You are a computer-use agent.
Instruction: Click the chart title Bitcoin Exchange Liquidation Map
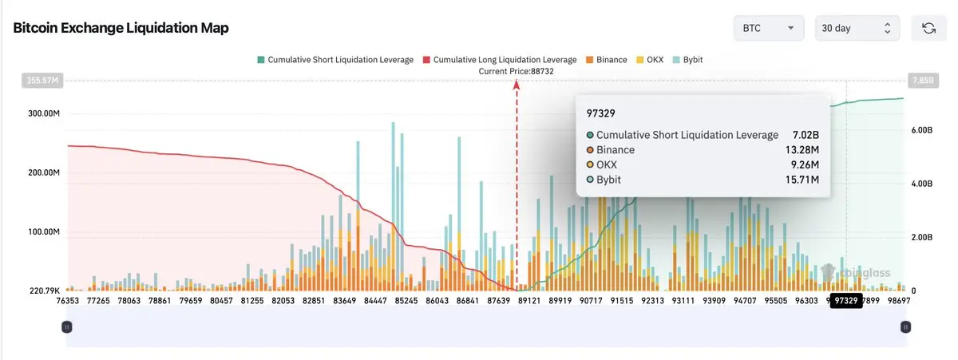click(x=121, y=28)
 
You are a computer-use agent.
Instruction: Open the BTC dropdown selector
click(x=768, y=28)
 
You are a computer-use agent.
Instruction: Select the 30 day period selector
click(x=855, y=28)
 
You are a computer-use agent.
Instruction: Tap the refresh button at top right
click(x=928, y=28)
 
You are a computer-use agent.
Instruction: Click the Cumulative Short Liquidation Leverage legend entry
click(x=335, y=60)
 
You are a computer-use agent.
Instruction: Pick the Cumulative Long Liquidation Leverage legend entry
click(x=500, y=60)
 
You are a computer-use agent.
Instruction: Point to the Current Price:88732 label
click(x=516, y=71)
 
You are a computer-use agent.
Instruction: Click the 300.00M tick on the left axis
click(x=44, y=113)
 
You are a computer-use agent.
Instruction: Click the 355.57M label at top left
click(x=42, y=80)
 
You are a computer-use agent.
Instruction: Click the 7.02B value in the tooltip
click(x=805, y=135)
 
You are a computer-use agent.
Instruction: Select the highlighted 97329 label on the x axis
click(x=845, y=301)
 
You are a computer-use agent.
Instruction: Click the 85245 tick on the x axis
click(x=406, y=301)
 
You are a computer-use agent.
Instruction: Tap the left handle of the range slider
click(x=67, y=326)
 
